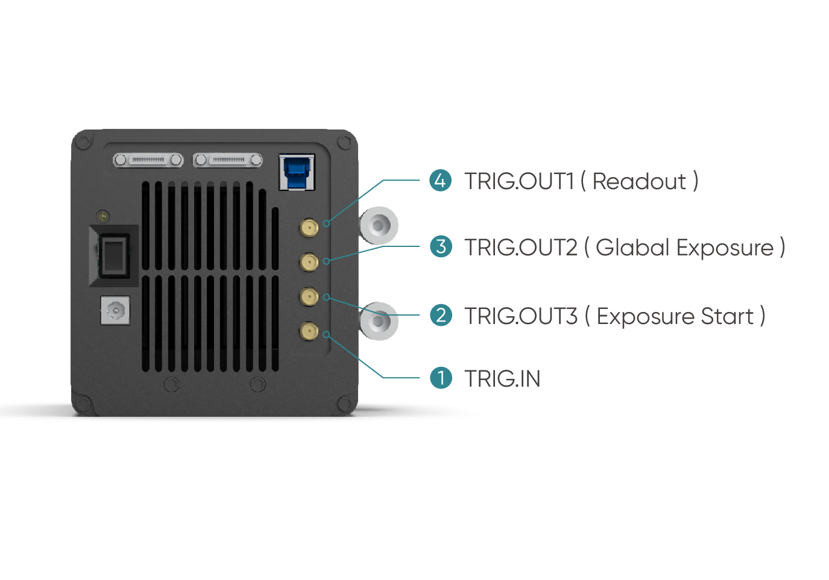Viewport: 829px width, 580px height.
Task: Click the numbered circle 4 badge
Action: pyautogui.click(x=440, y=181)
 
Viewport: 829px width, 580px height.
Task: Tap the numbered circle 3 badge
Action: pyautogui.click(x=441, y=246)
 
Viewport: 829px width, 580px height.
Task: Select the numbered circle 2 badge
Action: pyautogui.click(x=441, y=316)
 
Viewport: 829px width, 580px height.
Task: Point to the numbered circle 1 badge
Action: pyautogui.click(x=441, y=378)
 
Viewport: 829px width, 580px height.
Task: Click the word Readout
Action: pyautogui.click(x=639, y=181)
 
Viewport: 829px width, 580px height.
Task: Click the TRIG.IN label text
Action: pyautogui.click(x=502, y=379)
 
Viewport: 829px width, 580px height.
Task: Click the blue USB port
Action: pyautogui.click(x=297, y=172)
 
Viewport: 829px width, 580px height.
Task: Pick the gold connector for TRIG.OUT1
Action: pyautogui.click(x=309, y=227)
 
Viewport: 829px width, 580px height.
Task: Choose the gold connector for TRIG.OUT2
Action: pyautogui.click(x=309, y=263)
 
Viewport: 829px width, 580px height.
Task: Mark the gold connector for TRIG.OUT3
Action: pyautogui.click(x=309, y=297)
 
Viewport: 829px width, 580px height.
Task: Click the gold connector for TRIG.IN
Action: pyautogui.click(x=309, y=331)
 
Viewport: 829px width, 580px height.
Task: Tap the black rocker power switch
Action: pyautogui.click(x=114, y=256)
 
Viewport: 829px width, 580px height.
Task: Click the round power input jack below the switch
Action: pyautogui.click(x=116, y=311)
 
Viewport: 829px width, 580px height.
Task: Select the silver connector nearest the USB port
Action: pyautogui.click(x=228, y=160)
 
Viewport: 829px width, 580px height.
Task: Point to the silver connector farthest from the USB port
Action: pyautogui.click(x=148, y=160)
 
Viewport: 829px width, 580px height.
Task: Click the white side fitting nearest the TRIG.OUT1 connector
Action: pyautogui.click(x=378, y=225)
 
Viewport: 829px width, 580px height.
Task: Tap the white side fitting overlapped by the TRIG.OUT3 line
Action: pyautogui.click(x=378, y=321)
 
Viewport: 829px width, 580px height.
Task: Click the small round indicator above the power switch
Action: pyautogui.click(x=102, y=216)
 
